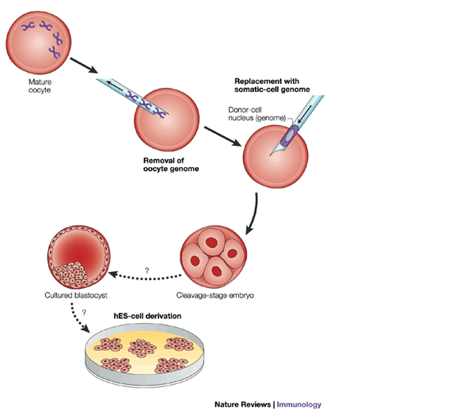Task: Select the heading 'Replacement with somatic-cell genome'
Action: coord(271,86)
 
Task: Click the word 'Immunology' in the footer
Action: coord(298,404)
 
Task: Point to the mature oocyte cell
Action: coord(35,37)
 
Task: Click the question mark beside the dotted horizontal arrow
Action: coord(146,270)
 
